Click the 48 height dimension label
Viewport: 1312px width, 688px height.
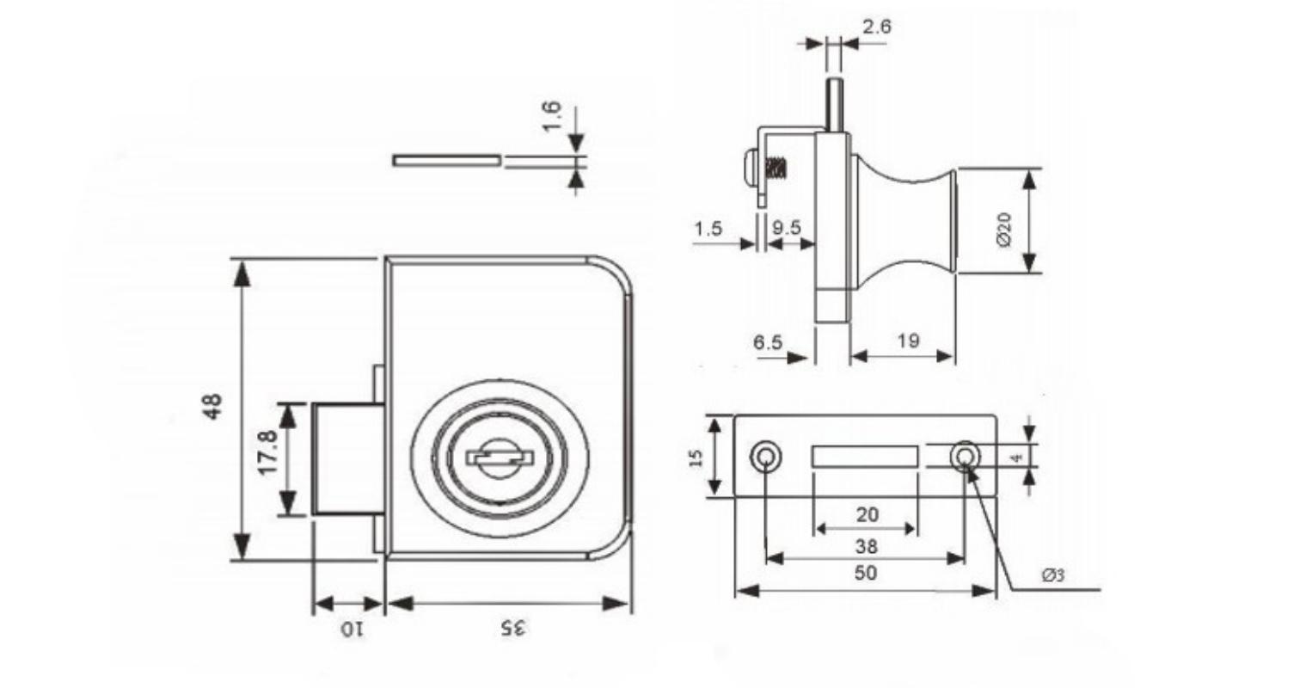[212, 406]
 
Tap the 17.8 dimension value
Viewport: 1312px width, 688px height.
[267, 453]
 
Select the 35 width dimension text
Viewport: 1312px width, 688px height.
[513, 629]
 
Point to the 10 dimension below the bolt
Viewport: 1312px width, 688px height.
[353, 630]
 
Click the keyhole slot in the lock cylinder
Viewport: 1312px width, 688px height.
[499, 457]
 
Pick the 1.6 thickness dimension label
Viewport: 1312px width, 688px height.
[552, 117]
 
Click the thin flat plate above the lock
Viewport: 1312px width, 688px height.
[447, 160]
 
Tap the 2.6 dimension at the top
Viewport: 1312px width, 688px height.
[877, 27]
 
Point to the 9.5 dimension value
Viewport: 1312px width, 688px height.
[786, 227]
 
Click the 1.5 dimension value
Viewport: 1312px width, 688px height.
[708, 228]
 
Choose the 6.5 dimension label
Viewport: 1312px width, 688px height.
[768, 342]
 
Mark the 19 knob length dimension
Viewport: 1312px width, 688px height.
[909, 341]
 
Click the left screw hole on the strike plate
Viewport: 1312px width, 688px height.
[765, 456]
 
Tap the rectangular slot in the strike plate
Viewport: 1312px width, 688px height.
[865, 457]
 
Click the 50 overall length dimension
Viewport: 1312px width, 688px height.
[866, 573]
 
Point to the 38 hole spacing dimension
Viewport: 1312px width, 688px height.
[867, 546]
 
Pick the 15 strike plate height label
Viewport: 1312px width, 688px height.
[696, 458]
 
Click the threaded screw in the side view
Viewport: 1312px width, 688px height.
[776, 169]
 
